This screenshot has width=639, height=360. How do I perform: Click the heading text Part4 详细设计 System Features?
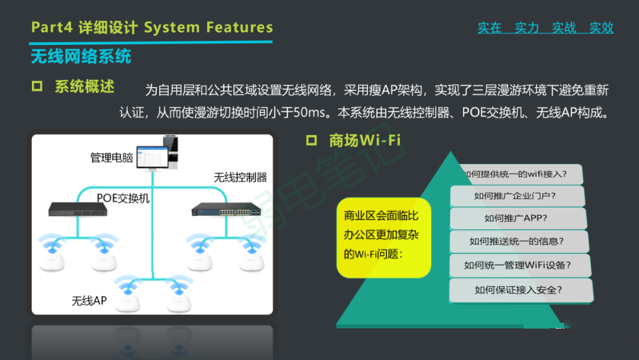(152, 27)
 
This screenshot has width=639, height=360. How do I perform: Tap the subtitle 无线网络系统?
(81, 57)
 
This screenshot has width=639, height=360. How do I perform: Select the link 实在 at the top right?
(489, 28)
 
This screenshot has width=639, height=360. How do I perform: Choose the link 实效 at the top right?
(601, 28)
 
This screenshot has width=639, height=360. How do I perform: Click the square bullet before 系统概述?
(37, 86)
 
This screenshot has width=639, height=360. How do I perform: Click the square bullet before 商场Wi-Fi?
(312, 140)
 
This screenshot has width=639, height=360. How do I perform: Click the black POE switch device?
(77, 209)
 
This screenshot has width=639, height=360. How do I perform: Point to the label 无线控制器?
(240, 177)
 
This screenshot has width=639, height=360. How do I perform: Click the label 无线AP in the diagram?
(89, 301)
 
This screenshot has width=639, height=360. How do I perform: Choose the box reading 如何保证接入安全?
(519, 290)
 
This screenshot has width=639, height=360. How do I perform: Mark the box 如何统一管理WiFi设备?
(518, 265)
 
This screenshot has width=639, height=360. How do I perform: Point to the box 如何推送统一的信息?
(517, 241)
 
